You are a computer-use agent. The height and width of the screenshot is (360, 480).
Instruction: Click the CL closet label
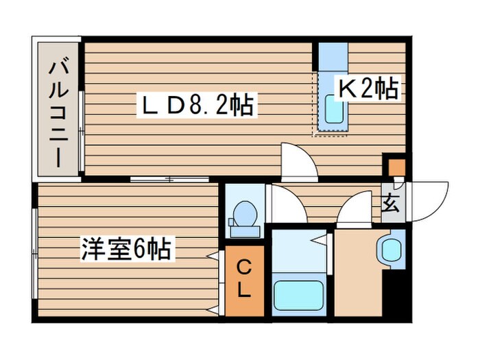pyautogui.click(x=243, y=279)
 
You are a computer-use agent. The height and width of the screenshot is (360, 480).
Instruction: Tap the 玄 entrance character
pyautogui.click(x=390, y=204)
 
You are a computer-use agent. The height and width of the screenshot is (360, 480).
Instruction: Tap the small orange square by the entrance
pyautogui.click(x=396, y=167)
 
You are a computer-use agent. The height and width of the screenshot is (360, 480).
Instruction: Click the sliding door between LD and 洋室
pyautogui.click(x=170, y=180)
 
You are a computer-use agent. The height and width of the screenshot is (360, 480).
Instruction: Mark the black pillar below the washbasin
pyautogui.click(x=394, y=295)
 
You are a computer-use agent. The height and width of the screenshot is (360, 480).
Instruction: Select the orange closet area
pyautogui.click(x=243, y=281)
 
